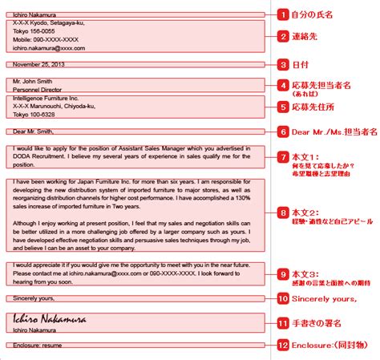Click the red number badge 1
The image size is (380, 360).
click(x=282, y=14)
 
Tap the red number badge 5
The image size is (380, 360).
click(x=282, y=105)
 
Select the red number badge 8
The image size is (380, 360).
click(x=282, y=212)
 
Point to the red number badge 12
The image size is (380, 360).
click(x=282, y=346)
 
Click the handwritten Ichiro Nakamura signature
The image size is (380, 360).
click(x=48, y=318)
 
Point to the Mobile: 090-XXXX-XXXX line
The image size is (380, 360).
click(x=46, y=38)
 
